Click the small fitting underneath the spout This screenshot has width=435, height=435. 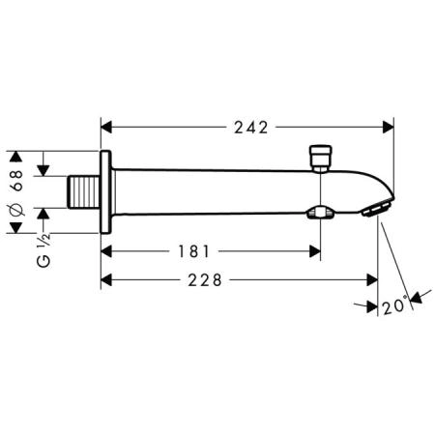coord(315,212)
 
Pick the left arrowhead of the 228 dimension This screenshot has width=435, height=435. coord(109,279)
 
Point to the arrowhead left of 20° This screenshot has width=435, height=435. coord(371,305)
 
